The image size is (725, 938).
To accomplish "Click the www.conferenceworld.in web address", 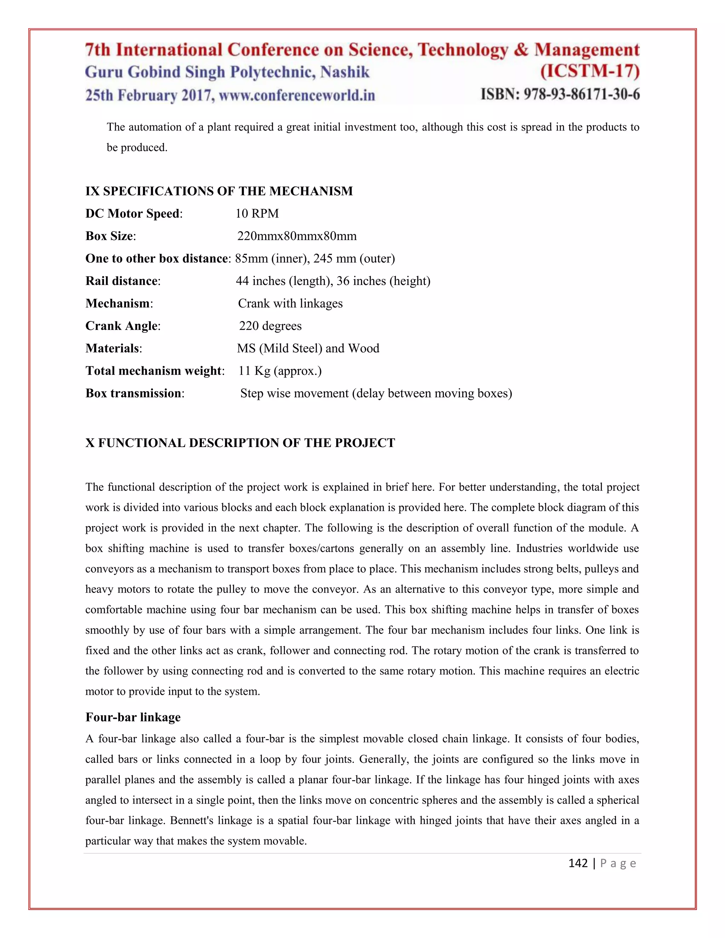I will pos(297,95).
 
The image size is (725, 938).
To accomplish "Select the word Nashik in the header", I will pos(345,72).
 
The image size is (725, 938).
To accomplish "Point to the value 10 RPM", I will pos(257,213).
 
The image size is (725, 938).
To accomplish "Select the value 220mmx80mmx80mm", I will pos(297,236).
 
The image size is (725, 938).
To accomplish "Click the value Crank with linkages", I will pos(290,303).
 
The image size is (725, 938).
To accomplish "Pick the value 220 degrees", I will pos(270,326).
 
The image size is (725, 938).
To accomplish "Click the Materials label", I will pos(113,348).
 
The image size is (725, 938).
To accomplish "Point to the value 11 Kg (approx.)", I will pos(280,371).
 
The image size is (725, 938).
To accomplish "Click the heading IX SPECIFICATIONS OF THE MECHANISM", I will pos(219,191).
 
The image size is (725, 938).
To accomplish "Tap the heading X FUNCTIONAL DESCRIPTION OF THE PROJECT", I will pos(240,443).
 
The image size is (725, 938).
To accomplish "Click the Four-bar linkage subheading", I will pos(133,717).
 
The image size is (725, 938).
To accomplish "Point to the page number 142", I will pos(578,863).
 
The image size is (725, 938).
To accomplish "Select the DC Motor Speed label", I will pos(133,213).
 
